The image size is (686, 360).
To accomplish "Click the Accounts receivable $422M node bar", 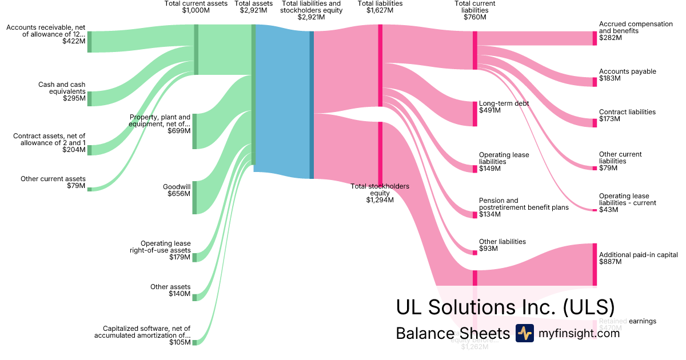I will pyautogui.click(x=89, y=42).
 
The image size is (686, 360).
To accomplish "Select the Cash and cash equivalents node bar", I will pyautogui.click(x=89, y=98).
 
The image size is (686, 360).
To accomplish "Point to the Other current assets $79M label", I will pyautogui.click(x=53, y=182).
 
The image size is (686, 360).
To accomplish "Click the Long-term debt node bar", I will pyautogui.click(x=474, y=114).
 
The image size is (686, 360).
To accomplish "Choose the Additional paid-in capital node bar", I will pyautogui.click(x=595, y=265).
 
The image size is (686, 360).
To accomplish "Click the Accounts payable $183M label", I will pyautogui.click(x=627, y=75).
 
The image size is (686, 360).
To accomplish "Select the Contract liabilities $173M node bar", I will pyautogui.click(x=595, y=123).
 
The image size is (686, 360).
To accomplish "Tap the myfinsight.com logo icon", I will pyautogui.click(x=524, y=333).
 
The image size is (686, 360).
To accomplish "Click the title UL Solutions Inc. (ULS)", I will pyautogui.click(x=505, y=307).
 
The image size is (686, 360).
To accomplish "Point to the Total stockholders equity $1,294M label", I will pyautogui.click(x=380, y=193).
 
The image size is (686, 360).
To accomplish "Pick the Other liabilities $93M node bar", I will pyautogui.click(x=474, y=253).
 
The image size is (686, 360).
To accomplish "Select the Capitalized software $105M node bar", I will pyautogui.click(x=194, y=342).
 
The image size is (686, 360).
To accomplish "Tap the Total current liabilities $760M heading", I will pyautogui.click(x=474, y=10).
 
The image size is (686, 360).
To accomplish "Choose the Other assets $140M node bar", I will pyautogui.click(x=194, y=297).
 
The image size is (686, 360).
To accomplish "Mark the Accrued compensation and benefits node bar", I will pyautogui.click(x=595, y=38).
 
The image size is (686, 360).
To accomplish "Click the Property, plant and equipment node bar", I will pyautogui.click(x=194, y=131).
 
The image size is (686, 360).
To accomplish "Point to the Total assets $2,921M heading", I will pyautogui.click(x=253, y=7).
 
